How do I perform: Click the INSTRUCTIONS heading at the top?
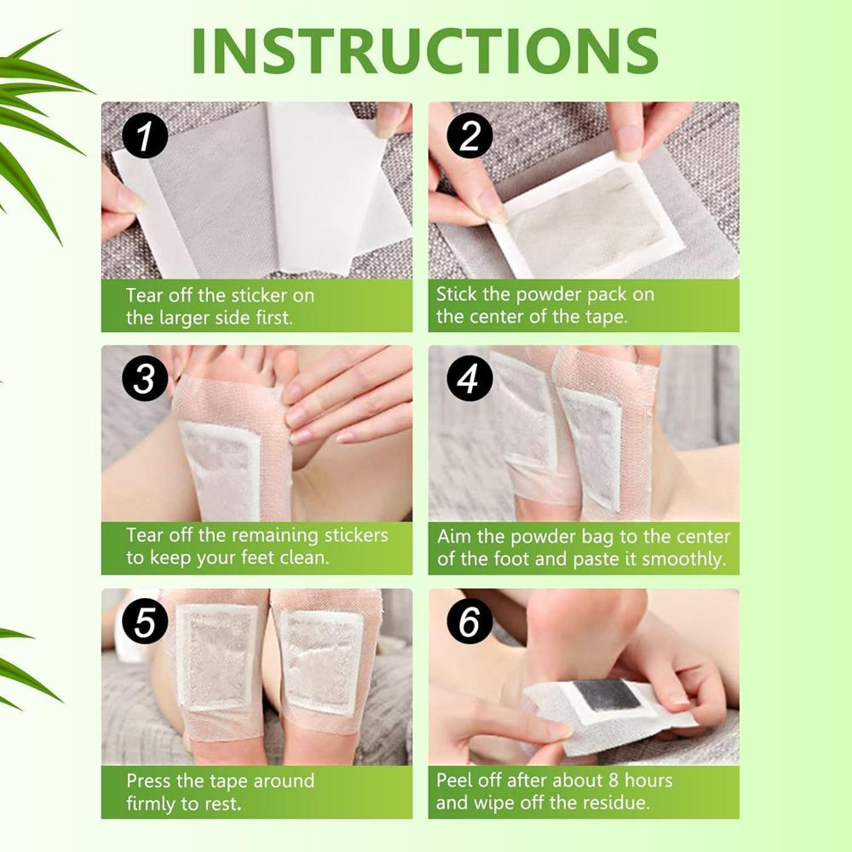click(x=425, y=51)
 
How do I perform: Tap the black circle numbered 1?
click(x=144, y=137)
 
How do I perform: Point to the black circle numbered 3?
click(x=144, y=379)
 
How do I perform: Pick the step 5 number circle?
click(x=144, y=623)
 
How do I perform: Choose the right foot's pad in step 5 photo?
click(x=322, y=660)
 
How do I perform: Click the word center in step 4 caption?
click(x=679, y=537)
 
